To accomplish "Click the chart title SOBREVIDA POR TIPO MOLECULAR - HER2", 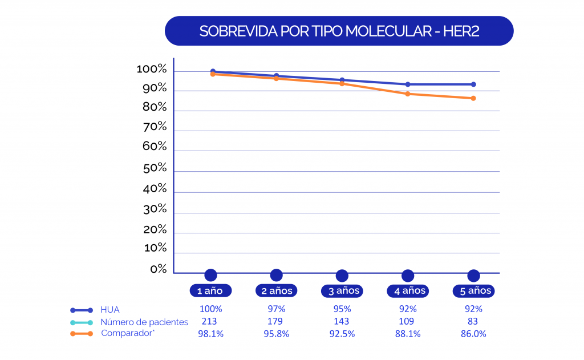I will [x=339, y=31].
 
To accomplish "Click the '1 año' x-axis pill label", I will [x=210, y=290].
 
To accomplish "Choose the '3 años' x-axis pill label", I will [x=342, y=290].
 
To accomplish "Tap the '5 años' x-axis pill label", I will [x=473, y=290].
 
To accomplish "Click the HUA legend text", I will [x=109, y=310].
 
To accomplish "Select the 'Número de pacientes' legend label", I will [x=144, y=322].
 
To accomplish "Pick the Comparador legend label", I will [x=128, y=333].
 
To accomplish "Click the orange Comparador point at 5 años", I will [x=473, y=98].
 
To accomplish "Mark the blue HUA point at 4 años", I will [x=407, y=84].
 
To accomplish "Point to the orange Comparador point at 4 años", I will [x=407, y=94].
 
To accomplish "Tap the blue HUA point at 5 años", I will [x=473, y=84].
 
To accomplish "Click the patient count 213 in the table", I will [x=210, y=322].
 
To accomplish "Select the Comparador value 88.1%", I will [x=407, y=334].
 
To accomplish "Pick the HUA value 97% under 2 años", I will [x=276, y=309].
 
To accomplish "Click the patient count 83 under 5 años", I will [x=473, y=322].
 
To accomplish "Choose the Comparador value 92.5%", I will [x=342, y=334].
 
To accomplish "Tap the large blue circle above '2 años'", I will [x=276, y=275].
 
